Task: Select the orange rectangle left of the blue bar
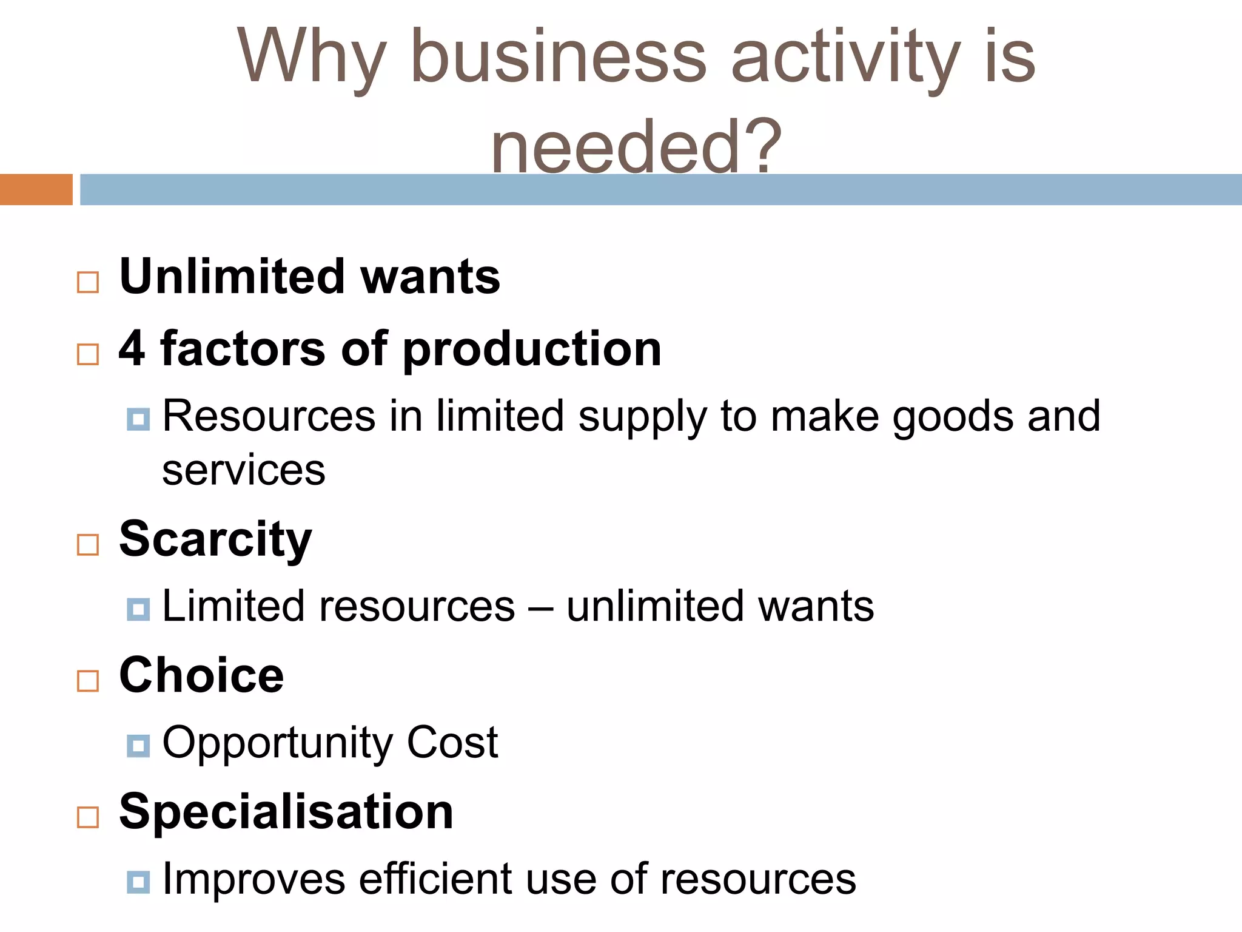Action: coord(36,189)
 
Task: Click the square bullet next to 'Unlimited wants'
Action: coord(88,282)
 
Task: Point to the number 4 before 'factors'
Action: coord(132,348)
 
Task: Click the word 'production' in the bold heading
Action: coord(532,349)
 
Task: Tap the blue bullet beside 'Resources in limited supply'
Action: coord(138,419)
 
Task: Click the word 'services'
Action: coord(243,470)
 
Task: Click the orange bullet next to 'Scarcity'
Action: coord(88,544)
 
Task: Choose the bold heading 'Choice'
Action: coord(201,675)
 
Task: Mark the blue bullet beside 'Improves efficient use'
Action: coord(138,882)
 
